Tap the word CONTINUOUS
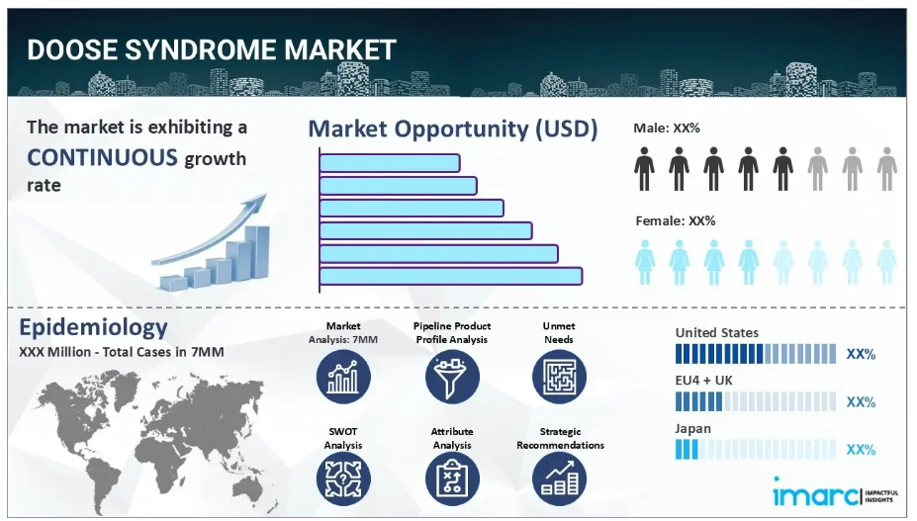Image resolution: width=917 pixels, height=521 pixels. tap(102, 158)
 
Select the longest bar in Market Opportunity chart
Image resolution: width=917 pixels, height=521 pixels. tap(451, 276)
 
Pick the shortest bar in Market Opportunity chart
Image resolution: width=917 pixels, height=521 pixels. tap(390, 162)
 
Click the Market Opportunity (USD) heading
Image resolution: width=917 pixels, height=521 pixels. tap(453, 129)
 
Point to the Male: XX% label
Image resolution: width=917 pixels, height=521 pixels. tap(667, 129)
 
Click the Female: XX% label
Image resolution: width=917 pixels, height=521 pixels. tap(676, 221)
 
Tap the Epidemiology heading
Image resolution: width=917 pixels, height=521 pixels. tap(94, 327)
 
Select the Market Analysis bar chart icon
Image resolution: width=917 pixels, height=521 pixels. tap(343, 377)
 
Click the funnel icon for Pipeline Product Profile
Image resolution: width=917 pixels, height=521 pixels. tap(452, 377)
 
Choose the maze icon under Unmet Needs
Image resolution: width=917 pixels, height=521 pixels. tap(559, 377)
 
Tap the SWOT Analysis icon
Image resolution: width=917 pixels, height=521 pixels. tap(343, 479)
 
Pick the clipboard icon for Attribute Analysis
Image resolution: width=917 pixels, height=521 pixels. tap(452, 479)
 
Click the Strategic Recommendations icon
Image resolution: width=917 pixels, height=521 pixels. tap(559, 479)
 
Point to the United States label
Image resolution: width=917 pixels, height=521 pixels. tap(717, 333)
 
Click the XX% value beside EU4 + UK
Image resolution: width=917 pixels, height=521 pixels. tap(861, 402)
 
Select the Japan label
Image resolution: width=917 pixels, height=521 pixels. tap(693, 429)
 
